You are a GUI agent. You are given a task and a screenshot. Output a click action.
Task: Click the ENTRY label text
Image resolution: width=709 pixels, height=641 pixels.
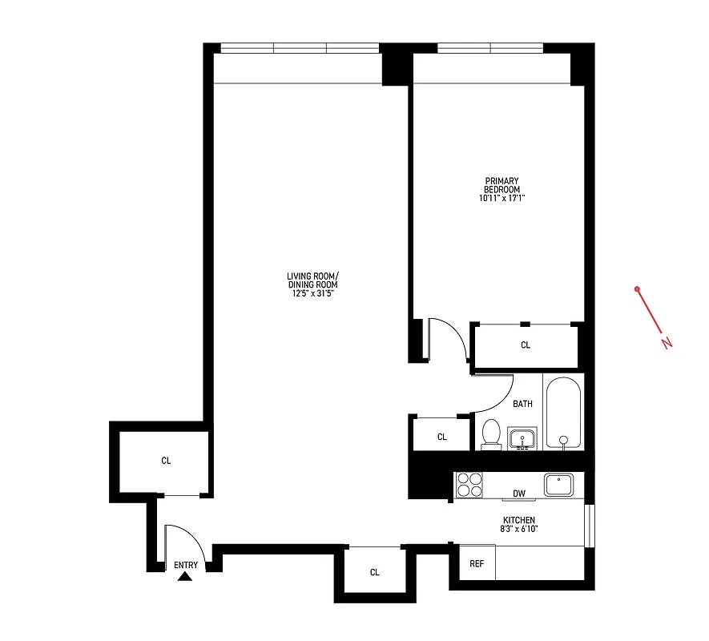[186, 565]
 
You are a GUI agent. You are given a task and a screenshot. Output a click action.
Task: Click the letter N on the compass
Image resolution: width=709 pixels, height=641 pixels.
[667, 343]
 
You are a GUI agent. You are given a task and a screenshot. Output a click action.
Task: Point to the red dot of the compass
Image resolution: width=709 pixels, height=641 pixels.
[637, 288]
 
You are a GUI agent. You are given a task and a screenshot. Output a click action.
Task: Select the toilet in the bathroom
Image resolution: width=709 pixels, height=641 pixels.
[490, 434]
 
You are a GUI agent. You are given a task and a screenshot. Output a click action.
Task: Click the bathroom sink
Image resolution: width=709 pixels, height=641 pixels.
[525, 439]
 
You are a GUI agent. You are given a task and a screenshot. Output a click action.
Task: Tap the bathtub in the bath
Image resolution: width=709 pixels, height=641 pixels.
[564, 412]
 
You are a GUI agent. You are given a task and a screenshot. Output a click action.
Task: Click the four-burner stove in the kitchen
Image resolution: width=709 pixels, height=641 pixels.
[469, 486]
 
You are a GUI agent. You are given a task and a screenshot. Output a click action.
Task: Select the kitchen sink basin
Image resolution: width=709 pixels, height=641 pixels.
[559, 484]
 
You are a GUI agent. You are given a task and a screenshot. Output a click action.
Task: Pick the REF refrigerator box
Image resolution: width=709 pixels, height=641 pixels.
[477, 563]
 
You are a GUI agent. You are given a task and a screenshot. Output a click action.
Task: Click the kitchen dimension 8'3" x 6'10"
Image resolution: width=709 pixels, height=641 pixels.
[518, 530]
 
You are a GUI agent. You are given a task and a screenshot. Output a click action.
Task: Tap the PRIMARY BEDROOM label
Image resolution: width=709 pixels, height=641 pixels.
[502, 185]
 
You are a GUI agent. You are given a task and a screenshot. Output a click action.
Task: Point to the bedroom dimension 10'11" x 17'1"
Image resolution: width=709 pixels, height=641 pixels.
[502, 199]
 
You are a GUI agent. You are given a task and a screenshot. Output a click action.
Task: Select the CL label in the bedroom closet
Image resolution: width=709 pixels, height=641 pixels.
[526, 345]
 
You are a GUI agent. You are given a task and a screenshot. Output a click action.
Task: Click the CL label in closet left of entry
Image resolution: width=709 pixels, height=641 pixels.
[166, 461]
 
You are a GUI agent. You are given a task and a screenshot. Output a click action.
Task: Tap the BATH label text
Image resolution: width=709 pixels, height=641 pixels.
[522, 404]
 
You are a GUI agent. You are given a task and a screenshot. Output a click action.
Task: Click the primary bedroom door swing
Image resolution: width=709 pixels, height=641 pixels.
[449, 337]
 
